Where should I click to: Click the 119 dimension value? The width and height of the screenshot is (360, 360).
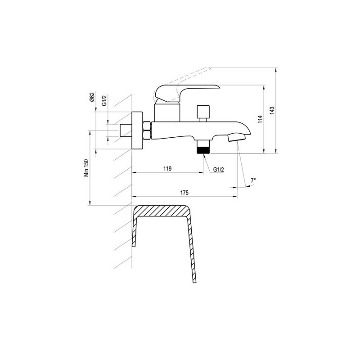pos(167,168)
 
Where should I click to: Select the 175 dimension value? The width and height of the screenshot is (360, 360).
pos(184,193)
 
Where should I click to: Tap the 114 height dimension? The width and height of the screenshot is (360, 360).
pos(260,119)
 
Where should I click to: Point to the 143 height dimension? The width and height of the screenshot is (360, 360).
pos(272,110)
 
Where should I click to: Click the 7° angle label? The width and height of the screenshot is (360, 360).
pos(253,180)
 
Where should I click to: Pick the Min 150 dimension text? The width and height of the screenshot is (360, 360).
pos(86,168)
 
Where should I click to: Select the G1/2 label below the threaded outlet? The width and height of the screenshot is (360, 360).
pos(218,170)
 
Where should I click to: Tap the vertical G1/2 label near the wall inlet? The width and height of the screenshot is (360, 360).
pos(104,100)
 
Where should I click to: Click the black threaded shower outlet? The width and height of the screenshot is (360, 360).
pos(204,150)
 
